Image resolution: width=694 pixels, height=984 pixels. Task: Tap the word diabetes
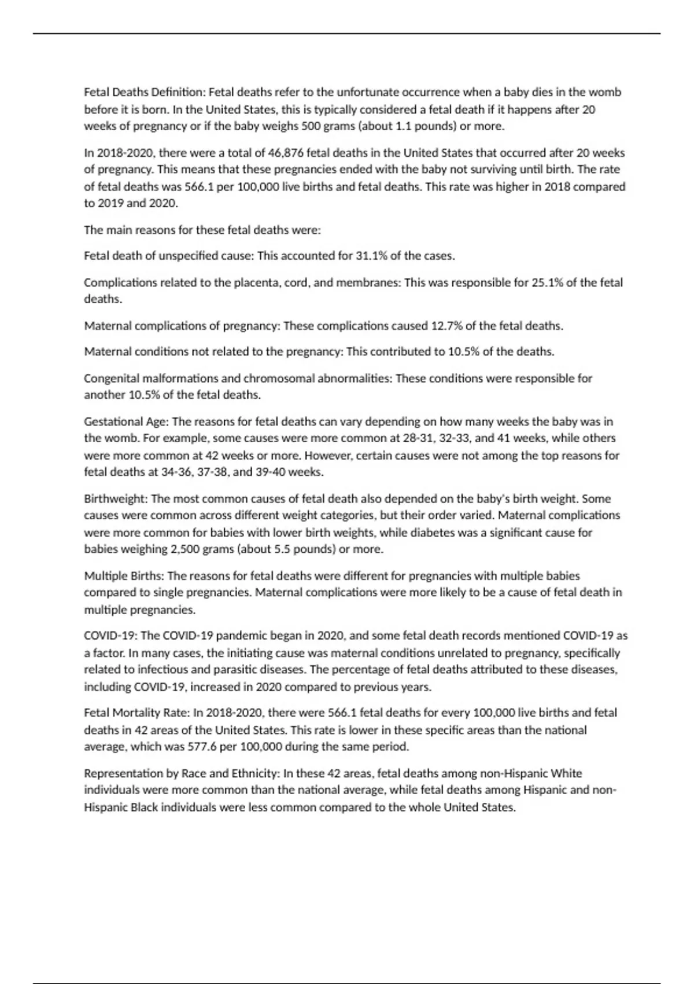coord(434,533)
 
